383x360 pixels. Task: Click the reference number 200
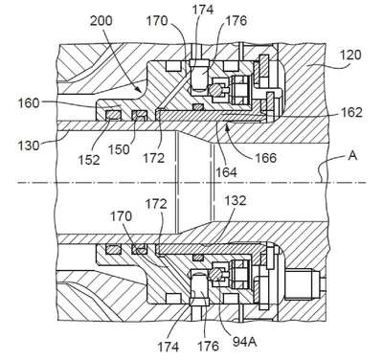pos(101,21)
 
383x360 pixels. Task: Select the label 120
pos(350,55)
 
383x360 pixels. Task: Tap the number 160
pos(29,103)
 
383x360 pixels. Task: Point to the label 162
pos(351,112)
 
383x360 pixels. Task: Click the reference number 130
pos(29,146)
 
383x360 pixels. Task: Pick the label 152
pos(89,159)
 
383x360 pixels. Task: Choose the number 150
pos(119,149)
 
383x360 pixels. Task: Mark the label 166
pos(265,158)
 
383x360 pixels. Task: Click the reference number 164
pos(226,172)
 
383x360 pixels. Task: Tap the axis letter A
pos(352,156)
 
